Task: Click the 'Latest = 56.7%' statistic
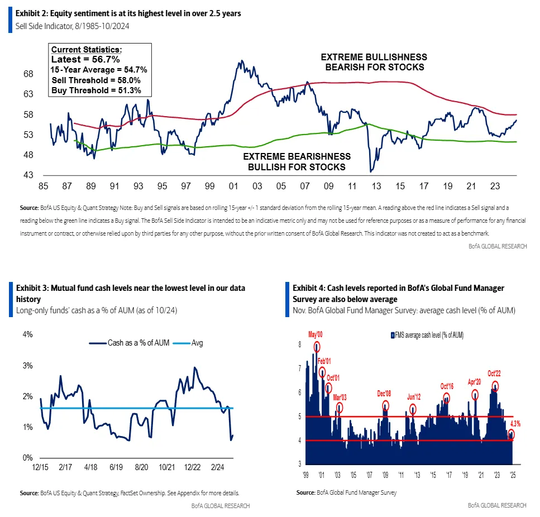(x=84, y=59)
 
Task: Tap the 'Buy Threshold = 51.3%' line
(x=90, y=90)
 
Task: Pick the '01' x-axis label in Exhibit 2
(x=234, y=186)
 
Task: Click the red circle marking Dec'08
(x=385, y=406)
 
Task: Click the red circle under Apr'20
(x=475, y=395)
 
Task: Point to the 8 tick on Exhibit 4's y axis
(x=299, y=345)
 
